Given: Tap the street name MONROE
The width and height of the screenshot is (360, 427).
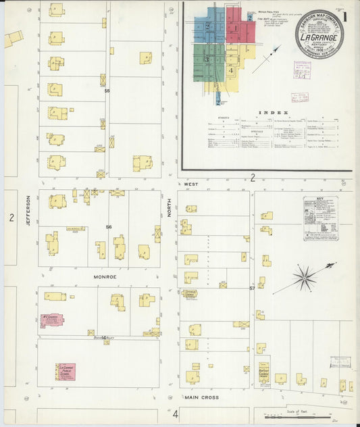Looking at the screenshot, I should (105, 277).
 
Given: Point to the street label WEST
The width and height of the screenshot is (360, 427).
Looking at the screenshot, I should (190, 183).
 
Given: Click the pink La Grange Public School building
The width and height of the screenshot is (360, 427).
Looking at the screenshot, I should (66, 372).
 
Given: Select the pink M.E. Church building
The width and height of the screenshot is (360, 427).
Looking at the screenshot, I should (53, 320).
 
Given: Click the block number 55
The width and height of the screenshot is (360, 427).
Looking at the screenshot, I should (107, 90).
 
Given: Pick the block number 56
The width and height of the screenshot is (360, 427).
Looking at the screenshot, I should (108, 227).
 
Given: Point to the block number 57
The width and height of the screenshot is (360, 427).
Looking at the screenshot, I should (252, 288).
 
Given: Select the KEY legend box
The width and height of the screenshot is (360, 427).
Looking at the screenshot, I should (321, 218).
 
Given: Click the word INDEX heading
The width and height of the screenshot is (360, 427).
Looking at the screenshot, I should (277, 113).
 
